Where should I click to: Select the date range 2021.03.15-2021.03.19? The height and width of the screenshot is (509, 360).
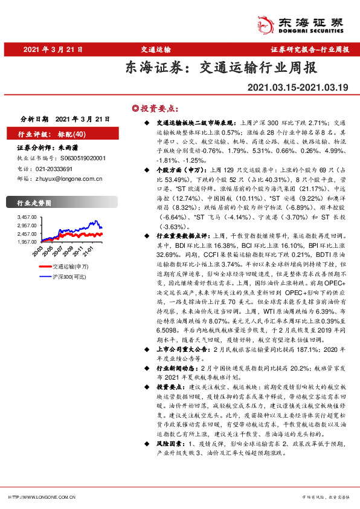tap(298, 88)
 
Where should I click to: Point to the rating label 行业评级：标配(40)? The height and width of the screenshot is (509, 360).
tap(53, 134)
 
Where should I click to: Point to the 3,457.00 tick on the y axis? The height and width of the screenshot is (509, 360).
tap(28, 216)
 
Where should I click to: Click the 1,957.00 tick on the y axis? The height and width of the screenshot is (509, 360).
tap(28, 242)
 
